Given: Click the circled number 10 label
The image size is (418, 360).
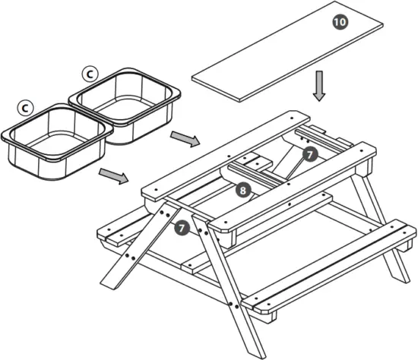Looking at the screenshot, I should click(339, 22).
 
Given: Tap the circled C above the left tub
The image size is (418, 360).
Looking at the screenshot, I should click(26, 108).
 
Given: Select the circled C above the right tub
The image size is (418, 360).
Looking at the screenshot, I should click(90, 73).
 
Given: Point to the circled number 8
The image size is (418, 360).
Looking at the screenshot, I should click(242, 191).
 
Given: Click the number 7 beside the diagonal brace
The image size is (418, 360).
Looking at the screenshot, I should click(309, 154).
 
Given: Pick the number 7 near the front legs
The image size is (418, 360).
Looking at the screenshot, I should click(182, 227).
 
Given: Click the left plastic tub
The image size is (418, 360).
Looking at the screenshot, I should click(55, 144).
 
